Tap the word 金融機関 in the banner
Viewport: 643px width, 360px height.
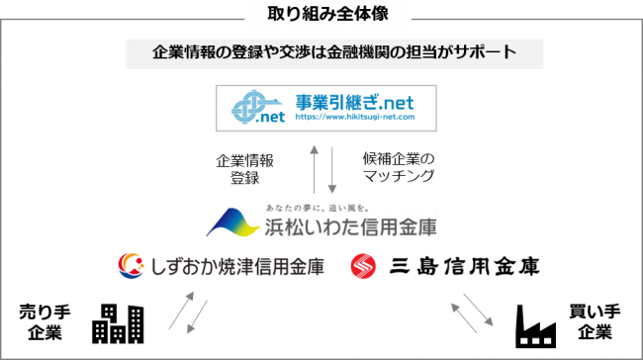point(361,52)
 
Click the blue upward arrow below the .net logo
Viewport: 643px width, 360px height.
point(314,168)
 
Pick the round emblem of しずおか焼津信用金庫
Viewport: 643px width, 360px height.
point(131,266)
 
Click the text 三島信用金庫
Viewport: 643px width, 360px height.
point(456,266)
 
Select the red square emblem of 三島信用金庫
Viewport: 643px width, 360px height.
point(363,266)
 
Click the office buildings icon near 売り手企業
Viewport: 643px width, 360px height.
point(117,322)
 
